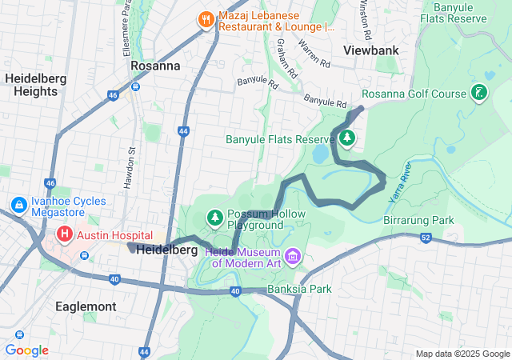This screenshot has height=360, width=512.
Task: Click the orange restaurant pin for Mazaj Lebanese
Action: pos(206,18)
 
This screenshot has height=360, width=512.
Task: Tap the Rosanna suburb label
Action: pos(154,66)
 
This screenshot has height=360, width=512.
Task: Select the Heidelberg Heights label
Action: pos(31,85)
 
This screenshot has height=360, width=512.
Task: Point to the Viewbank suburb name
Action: pos(370,50)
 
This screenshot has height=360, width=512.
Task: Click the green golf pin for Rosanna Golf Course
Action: pos(478,94)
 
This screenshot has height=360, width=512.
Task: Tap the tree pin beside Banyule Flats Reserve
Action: pos(346,139)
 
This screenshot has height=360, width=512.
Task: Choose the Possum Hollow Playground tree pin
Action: pos(214,217)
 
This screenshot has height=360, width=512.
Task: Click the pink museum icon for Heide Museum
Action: pos(293,256)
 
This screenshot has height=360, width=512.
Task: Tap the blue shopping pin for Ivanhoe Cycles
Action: pos(18,206)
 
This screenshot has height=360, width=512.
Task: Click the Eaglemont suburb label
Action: pos(86,306)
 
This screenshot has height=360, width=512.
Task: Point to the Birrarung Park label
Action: pos(418,220)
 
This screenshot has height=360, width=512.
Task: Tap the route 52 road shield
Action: pos(425,238)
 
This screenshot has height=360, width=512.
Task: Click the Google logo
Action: pos(26,350)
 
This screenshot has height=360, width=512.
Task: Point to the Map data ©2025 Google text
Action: pos(462,354)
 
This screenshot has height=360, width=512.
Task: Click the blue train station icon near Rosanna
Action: pos(137,86)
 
